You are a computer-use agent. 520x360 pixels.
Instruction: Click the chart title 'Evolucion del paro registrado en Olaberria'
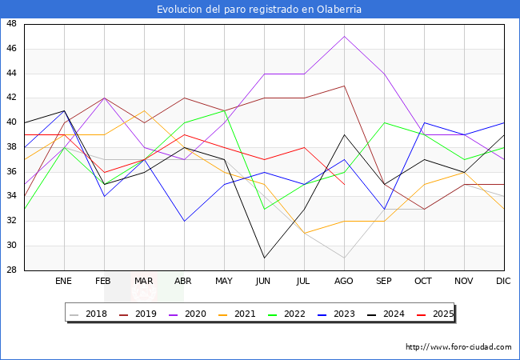click(x=259, y=10)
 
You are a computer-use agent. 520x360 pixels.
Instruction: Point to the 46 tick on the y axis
click(x=12, y=49)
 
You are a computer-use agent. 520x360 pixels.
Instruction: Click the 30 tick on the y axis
click(x=12, y=246)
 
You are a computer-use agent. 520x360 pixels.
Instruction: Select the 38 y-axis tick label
click(x=12, y=147)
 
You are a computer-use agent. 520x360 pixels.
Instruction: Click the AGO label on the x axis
click(x=344, y=282)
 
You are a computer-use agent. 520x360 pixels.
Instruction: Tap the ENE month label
click(x=64, y=282)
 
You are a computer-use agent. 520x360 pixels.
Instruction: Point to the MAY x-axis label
click(x=224, y=282)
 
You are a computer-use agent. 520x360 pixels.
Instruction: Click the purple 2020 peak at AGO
click(x=344, y=36)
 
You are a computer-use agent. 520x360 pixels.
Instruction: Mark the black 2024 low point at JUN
click(x=264, y=258)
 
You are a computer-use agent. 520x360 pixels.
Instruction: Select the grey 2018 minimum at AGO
click(x=344, y=258)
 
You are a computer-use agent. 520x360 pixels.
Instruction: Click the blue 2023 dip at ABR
click(x=184, y=221)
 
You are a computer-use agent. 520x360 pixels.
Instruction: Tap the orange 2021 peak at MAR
click(x=144, y=110)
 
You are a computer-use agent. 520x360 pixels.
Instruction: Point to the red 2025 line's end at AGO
click(x=344, y=184)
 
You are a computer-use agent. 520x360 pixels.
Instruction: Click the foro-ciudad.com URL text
click(x=458, y=347)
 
